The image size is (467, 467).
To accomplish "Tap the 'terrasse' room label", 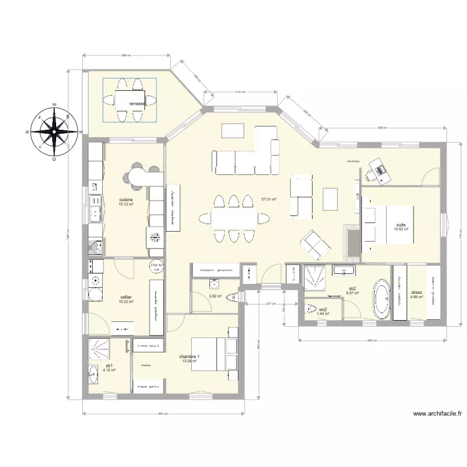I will pos(137,103).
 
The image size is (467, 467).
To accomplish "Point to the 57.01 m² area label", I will pos(269,199).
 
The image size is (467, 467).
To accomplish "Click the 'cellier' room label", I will pos(126,298).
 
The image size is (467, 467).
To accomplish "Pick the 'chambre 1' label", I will pos(189,356).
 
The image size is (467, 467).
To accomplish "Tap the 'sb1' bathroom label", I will pos(109,366).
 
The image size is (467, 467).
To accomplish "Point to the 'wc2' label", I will pos(323,309).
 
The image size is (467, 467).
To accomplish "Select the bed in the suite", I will pos(388,224).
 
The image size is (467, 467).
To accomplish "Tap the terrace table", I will pos(130,100).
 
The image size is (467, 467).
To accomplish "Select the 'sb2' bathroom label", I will pos(352,288).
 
